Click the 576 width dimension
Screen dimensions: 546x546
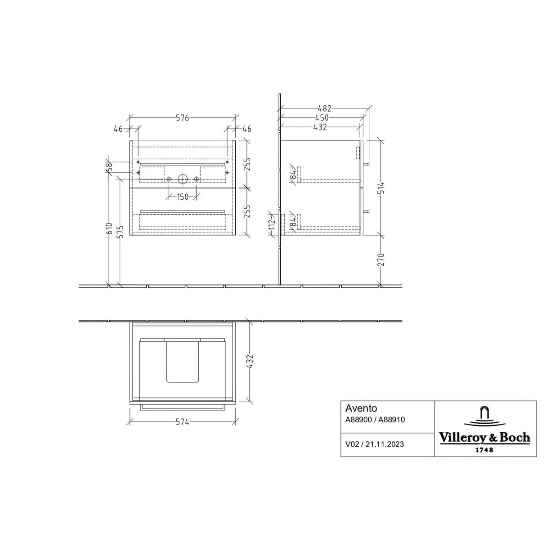[x=182, y=118]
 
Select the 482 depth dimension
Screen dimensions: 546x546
[x=324, y=108]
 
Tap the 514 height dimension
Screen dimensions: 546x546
[x=381, y=187]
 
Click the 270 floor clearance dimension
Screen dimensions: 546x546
[x=381, y=260]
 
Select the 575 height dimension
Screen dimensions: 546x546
[x=120, y=233]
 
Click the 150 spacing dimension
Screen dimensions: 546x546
[x=182, y=197]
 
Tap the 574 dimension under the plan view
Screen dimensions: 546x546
[x=182, y=422]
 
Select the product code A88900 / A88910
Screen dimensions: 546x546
[x=375, y=420]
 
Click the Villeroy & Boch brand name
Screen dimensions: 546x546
[x=484, y=438]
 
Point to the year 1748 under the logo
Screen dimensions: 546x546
[x=484, y=449]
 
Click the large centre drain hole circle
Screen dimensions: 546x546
[x=183, y=179]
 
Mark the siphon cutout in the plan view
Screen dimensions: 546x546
[x=183, y=362]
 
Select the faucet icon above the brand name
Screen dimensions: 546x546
[x=484, y=416]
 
